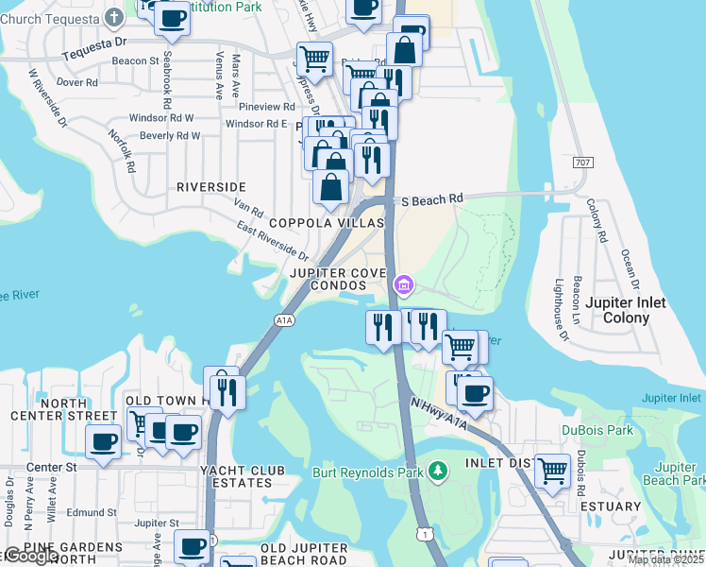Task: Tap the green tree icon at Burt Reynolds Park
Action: (437, 470)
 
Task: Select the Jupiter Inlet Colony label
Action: (626, 310)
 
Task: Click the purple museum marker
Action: (404, 283)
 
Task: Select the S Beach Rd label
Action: (432, 200)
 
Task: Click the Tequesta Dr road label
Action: (93, 43)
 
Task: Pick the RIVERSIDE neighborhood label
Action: (211, 187)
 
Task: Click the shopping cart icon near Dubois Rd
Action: (552, 470)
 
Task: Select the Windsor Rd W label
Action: (161, 118)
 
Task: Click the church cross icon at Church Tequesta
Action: (114, 16)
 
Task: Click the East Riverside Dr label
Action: (274, 242)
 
